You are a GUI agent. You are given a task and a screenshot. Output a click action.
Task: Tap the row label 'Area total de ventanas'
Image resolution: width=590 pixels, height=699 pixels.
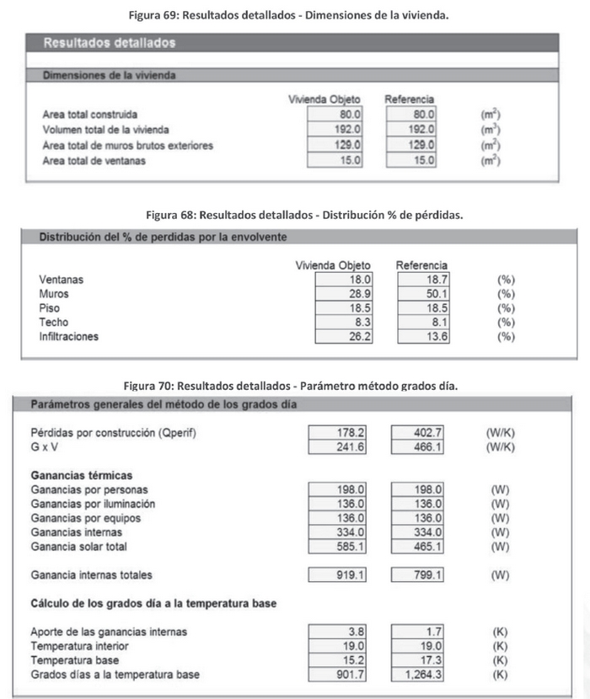[x=94, y=161]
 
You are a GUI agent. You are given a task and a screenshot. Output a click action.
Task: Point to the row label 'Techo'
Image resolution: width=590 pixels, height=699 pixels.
[x=54, y=323]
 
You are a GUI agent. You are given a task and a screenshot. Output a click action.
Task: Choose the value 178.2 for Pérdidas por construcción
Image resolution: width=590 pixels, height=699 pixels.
[x=337, y=433]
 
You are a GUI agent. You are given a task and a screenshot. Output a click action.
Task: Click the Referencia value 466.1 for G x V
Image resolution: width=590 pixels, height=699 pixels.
[x=419, y=447]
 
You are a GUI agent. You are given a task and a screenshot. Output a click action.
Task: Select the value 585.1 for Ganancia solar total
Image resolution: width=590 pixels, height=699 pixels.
[x=337, y=547]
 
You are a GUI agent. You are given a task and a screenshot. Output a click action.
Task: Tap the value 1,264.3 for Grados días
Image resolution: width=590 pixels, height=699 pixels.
[x=419, y=675]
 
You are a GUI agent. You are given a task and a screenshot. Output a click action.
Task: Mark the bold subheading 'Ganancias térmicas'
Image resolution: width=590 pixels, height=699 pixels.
[x=80, y=475]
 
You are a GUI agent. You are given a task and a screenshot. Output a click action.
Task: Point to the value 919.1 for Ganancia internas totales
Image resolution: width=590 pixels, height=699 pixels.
[x=337, y=575]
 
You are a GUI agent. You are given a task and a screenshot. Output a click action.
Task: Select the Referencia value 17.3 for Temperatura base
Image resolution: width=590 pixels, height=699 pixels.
[x=419, y=660]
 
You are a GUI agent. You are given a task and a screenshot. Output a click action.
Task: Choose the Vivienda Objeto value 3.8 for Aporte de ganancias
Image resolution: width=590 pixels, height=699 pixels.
[x=337, y=632]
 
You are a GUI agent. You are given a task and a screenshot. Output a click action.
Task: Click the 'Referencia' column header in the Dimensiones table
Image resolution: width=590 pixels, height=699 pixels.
[x=409, y=100]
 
